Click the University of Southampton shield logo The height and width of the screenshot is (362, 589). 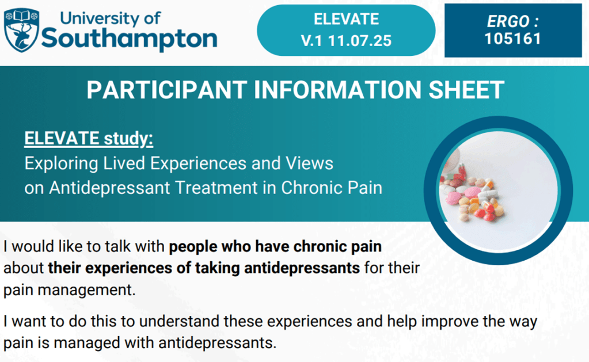pyautogui.click(x=21, y=29)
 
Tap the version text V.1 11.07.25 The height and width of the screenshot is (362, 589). pyautogui.click(x=346, y=40)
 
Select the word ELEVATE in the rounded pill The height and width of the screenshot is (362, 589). pyautogui.click(x=346, y=19)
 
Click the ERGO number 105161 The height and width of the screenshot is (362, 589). pyautogui.click(x=512, y=39)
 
